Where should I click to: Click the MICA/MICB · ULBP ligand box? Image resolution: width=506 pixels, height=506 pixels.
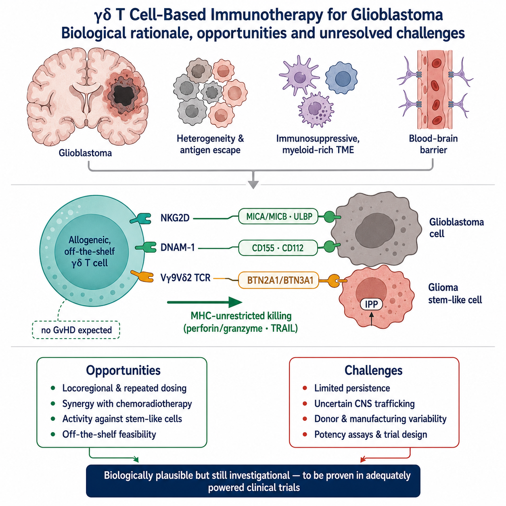click(278, 216)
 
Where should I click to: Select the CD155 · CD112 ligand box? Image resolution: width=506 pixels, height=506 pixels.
click(278, 248)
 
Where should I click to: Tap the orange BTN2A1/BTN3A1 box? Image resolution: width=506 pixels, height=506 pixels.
click(278, 280)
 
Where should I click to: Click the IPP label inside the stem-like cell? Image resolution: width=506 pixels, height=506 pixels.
click(371, 304)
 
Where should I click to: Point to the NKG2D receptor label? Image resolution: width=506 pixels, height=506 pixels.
click(175, 217)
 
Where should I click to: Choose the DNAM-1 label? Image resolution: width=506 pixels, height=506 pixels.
click(178, 247)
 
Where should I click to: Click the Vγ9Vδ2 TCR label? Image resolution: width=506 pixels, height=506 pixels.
click(185, 278)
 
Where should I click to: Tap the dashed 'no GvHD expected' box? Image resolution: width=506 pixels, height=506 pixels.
click(76, 330)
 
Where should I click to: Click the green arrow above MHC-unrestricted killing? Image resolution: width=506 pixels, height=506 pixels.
click(205, 302)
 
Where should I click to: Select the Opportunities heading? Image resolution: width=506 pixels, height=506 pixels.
click(123, 370)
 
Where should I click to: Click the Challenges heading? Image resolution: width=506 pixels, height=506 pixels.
click(373, 370)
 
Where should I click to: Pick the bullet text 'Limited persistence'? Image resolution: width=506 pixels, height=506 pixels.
click(352, 388)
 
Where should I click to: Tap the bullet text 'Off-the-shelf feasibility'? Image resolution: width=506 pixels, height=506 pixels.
click(109, 434)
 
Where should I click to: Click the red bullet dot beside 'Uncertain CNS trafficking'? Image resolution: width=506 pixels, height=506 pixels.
click(305, 404)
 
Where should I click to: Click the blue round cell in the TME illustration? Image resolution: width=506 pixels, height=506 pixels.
click(341, 78)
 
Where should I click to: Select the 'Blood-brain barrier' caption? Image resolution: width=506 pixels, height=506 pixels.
click(433, 144)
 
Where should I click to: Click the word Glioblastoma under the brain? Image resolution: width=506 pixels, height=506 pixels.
click(85, 153)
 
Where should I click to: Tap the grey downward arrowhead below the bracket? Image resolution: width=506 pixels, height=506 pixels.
click(253, 184)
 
